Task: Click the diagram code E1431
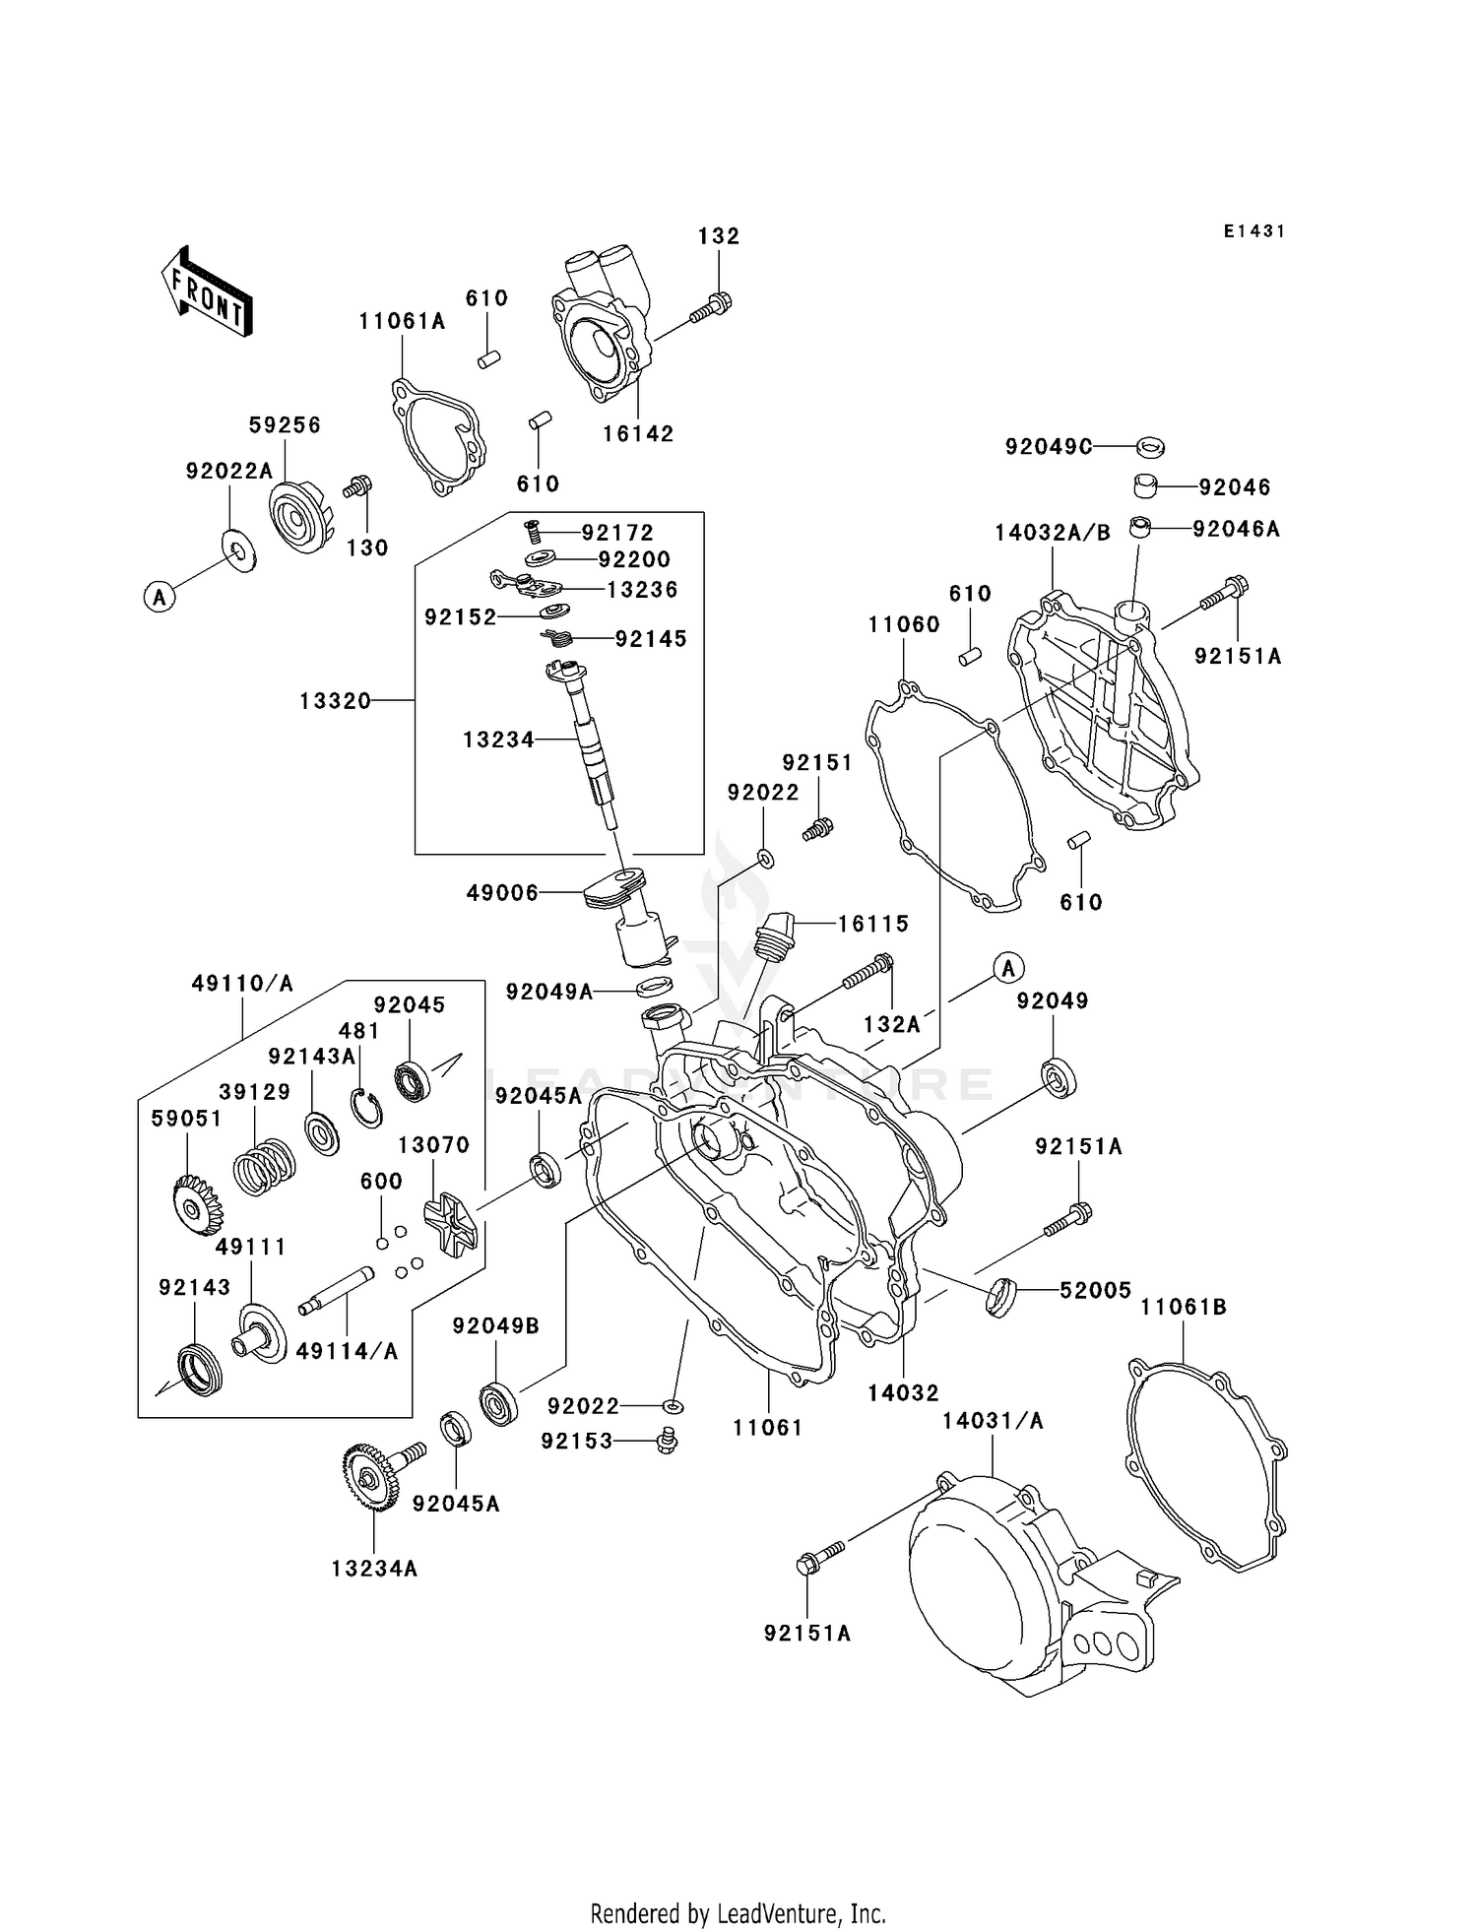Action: coord(1254,231)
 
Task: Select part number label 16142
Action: coord(638,434)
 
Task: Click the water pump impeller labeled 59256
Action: coord(300,515)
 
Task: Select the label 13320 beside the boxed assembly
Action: coord(336,701)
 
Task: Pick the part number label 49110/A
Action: coord(242,984)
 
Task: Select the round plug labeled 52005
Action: coord(999,1296)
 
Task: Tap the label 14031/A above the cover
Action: coord(993,1421)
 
